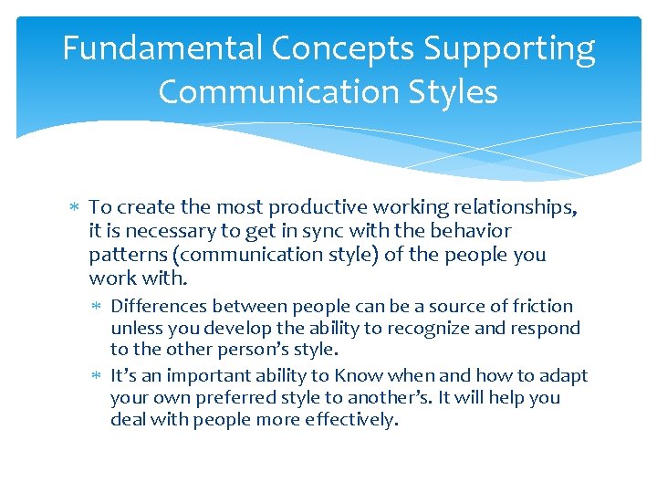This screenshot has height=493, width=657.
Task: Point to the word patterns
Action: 125,255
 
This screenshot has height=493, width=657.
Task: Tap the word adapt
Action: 565,376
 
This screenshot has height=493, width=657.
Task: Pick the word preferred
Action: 224,398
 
